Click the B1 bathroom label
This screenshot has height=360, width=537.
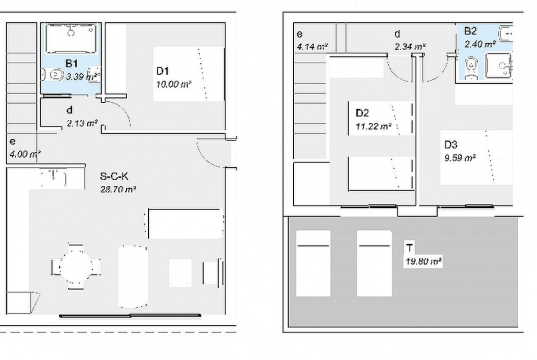[71, 64]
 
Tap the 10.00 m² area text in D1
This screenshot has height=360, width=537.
[173, 85]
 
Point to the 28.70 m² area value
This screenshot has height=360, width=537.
[118, 188]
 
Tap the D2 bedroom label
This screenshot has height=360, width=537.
[363, 112]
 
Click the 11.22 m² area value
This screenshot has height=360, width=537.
[373, 127]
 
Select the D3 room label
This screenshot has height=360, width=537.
[451, 144]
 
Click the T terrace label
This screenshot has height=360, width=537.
[408, 248]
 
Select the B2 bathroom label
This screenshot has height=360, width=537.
[470, 31]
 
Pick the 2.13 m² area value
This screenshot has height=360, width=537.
[81, 123]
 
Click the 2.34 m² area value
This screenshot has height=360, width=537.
[409, 46]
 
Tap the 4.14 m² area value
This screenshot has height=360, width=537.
[312, 46]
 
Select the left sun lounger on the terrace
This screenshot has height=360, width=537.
[313, 263]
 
